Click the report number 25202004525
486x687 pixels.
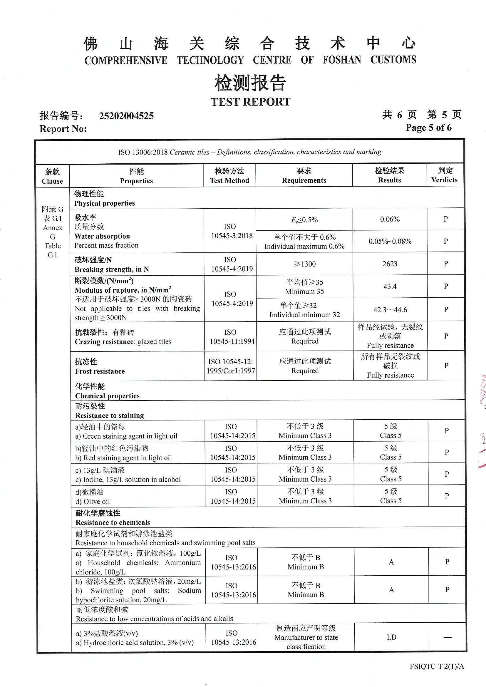pos(126,116)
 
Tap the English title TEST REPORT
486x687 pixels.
pos(250,102)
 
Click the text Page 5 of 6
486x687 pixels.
pos(428,128)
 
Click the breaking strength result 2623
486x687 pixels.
pos(390,264)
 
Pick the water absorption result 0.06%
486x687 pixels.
pos(390,219)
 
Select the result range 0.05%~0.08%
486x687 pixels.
pos(390,241)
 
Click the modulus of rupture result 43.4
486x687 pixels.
pos(390,286)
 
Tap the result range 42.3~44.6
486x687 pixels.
pos(390,310)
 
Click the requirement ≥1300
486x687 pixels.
pos(305,264)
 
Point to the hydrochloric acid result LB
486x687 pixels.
pos(391,637)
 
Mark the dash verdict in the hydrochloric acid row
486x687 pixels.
pos(448,637)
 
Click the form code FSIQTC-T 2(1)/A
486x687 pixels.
pos(437,666)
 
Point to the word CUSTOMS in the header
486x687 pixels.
pos(393,60)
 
